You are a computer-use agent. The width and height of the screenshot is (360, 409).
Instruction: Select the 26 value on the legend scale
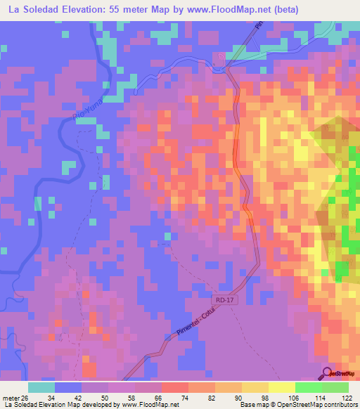click(x=26, y=398)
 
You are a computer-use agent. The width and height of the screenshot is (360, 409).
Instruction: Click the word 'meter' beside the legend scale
click(x=11, y=398)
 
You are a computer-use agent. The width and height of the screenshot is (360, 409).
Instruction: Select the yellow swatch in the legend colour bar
click(x=281, y=387)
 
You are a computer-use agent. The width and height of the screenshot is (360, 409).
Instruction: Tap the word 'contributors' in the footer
click(x=340, y=405)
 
